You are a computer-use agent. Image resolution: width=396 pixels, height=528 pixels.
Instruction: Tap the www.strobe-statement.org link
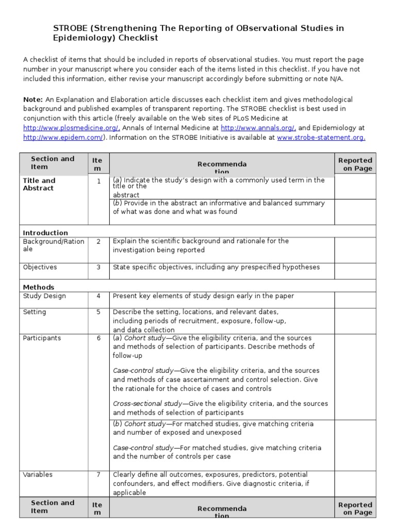pyautogui.click(x=321, y=138)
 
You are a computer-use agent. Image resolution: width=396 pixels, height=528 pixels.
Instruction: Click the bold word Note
pyautogui.click(x=32, y=100)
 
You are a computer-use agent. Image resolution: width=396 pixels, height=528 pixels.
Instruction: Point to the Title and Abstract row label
pyautogui.click(x=39, y=184)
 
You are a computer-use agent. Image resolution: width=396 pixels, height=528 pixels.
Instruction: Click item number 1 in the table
pyautogui.click(x=98, y=181)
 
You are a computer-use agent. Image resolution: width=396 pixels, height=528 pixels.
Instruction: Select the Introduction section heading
pyautogui.click(x=45, y=233)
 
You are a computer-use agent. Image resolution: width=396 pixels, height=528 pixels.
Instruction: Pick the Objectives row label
pyautogui.click(x=40, y=267)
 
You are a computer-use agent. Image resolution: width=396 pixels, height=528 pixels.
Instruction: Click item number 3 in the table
pyautogui.click(x=98, y=267)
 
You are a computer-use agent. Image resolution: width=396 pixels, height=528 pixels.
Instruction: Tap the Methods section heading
pyautogui.click(x=39, y=287)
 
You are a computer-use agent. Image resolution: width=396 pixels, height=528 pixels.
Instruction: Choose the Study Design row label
pyautogui.click(x=44, y=296)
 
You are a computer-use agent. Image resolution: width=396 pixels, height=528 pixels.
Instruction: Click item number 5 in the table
pyautogui.click(x=98, y=312)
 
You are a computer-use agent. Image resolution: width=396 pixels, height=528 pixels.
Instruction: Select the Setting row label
pyautogui.click(x=35, y=312)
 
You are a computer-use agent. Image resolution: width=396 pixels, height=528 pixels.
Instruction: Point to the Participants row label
pyautogui.click(x=42, y=338)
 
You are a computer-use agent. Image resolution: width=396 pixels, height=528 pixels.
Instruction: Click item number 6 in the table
pyautogui.click(x=98, y=338)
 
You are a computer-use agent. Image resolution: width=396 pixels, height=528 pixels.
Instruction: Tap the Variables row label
pyautogui.click(x=38, y=474)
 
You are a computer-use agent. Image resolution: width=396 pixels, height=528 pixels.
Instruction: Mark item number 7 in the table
pyautogui.click(x=98, y=474)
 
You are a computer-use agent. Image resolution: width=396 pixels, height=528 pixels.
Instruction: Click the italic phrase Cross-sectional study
pyautogui.click(x=147, y=404)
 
